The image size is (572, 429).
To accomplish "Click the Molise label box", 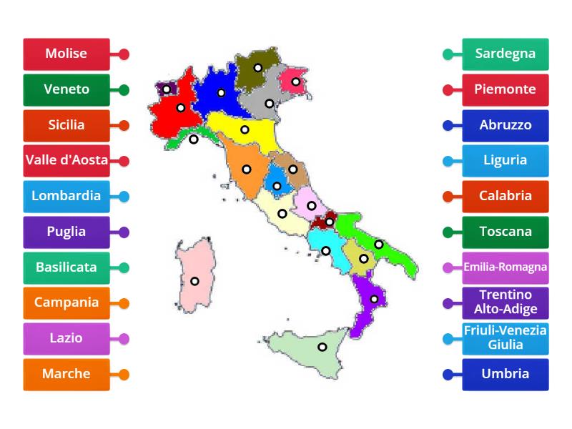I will coord(66,54).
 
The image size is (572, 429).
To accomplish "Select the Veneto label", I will coord(66,89).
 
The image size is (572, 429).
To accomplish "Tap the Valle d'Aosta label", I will coord(66,161).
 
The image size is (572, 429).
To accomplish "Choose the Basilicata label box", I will coord(66,267).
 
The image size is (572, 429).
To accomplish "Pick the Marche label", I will coord(66,374).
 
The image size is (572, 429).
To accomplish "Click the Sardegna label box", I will coord(506,54).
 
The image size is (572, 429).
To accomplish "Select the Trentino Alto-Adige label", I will coord(506,303).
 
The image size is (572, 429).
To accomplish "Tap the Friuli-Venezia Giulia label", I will coord(506,338).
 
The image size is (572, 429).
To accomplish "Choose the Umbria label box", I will coord(506,374).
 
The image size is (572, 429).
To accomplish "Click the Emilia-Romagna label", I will coord(506,267).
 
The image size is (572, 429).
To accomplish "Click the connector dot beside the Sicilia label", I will coord(124,125).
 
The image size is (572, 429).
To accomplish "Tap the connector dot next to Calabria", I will coord(448,197).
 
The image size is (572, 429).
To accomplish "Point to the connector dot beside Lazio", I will coord(124,339).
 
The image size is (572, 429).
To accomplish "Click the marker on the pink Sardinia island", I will coord(194,281).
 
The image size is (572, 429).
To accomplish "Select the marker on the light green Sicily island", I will coord(322,347).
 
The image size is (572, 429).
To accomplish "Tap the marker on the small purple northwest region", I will coord(166,89).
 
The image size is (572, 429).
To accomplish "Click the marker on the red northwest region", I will coord(181,108).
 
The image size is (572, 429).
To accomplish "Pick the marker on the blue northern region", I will coord(222,92).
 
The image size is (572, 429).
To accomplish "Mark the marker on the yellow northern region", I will coord(245,129).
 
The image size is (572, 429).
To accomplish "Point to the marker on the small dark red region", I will coord(329,222).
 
